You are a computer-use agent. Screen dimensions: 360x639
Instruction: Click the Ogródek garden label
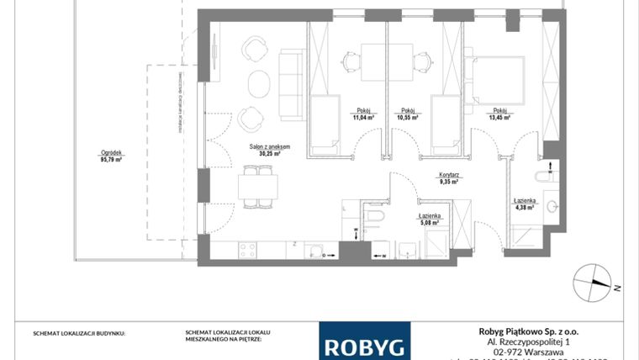click(x=112, y=152)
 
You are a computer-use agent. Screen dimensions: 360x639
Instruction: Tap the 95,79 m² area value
click(x=112, y=159)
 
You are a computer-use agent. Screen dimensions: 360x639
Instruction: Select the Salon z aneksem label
click(x=269, y=147)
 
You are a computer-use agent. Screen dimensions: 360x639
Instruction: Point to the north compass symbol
click(x=594, y=280)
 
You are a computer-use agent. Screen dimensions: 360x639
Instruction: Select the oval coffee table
click(x=259, y=84)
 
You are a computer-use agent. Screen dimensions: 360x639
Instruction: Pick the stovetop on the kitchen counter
click(x=248, y=249)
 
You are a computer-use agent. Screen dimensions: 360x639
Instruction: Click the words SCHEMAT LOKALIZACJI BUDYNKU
click(x=78, y=333)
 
